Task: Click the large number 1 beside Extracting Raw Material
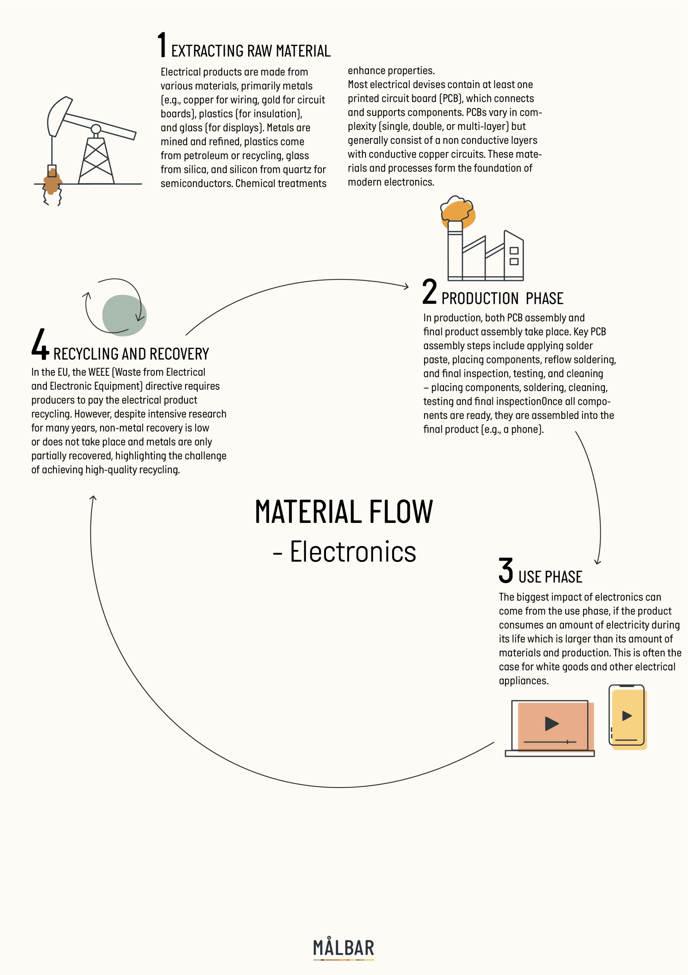[162, 45]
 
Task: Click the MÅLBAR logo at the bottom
[343, 948]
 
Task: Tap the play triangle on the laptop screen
[552, 724]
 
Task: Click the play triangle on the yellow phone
[627, 716]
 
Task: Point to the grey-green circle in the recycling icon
[125, 315]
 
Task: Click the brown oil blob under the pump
[52, 182]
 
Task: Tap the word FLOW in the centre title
[401, 512]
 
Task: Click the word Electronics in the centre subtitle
[353, 551]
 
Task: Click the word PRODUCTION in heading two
[480, 299]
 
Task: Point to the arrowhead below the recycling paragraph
[93, 498]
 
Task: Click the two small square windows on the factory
[514, 256]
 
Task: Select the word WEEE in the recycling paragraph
[99, 372]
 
